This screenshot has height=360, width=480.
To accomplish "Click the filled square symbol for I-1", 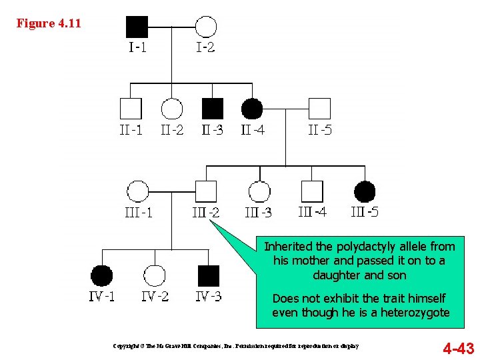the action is pos(137,27).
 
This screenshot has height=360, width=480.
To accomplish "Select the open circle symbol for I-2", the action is pos(206,27).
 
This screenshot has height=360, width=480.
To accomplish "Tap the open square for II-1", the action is pos(131,109).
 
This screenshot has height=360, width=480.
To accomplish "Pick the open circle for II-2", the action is pos(172,109).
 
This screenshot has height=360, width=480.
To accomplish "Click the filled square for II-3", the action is pos(213,109).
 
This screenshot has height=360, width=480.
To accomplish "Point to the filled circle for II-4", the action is pos(252,109).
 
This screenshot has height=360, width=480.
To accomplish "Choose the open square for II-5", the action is pos(319,109).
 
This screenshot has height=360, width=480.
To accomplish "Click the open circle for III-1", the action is pos(138,191).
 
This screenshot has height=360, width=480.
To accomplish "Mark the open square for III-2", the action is pos(206,191).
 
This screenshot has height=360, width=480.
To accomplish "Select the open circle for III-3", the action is pos(259,191).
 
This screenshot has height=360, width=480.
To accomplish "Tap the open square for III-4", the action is pos(312,191).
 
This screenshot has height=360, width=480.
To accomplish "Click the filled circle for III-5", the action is pos(365,191).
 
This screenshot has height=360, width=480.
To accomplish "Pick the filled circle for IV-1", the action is pos(101,275).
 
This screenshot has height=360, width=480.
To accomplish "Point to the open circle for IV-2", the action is pos(155,275).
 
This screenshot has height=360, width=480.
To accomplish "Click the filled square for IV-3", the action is pos(209,275).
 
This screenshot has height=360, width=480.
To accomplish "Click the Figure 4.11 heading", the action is pos(49,23).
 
